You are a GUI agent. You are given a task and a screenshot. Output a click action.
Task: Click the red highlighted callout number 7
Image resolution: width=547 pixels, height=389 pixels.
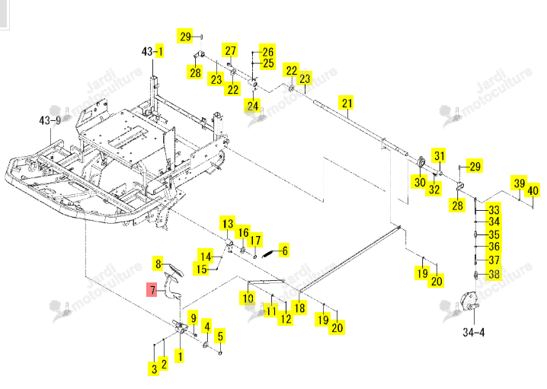pyautogui.click(x=152, y=290)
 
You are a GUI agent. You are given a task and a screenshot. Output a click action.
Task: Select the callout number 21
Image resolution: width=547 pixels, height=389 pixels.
pyautogui.click(x=347, y=103)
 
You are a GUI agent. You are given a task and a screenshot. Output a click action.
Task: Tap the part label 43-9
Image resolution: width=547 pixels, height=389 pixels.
pyautogui.click(x=50, y=120)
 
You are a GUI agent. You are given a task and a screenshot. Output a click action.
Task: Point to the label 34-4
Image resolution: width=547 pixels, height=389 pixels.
pyautogui.click(x=473, y=332)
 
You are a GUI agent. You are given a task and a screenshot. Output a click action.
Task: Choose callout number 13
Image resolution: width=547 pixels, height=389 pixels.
pyautogui.click(x=228, y=224)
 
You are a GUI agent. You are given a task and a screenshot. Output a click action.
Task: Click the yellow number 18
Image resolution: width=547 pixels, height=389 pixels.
pyautogui.click(x=299, y=308)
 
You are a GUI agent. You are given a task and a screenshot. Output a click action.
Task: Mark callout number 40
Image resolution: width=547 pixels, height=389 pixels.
pyautogui.click(x=533, y=190)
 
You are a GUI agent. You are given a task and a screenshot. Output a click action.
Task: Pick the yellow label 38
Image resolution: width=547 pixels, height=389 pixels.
pyautogui.click(x=494, y=273)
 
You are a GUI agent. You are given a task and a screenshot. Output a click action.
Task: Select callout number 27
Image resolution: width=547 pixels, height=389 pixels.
pyautogui.click(x=230, y=50)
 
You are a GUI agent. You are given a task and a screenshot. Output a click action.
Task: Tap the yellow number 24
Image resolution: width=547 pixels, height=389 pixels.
pyautogui.click(x=253, y=105)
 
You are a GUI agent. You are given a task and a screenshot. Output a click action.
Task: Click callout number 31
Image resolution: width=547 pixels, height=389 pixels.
pyautogui.click(x=440, y=155)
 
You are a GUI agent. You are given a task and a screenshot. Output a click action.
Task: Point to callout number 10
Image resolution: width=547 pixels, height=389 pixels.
pyautogui.click(x=248, y=298)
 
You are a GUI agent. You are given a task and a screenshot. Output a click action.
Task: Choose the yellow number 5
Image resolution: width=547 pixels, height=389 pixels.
pyautogui.click(x=219, y=336)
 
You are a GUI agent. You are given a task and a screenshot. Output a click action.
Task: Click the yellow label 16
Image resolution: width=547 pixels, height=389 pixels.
pyautogui.click(x=243, y=232)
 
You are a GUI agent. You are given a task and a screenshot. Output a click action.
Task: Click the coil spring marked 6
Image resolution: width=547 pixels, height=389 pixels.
pyautogui.click(x=267, y=254)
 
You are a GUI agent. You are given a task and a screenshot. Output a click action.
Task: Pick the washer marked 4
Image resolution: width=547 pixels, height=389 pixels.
pyautogui.click(x=206, y=345)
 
